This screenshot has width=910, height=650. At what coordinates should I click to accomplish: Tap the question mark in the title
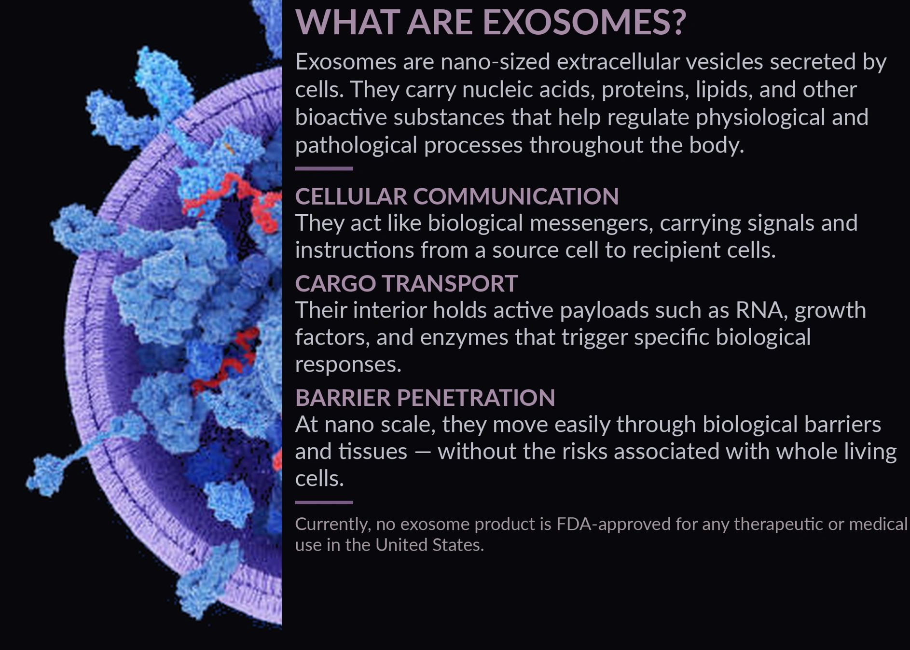677,22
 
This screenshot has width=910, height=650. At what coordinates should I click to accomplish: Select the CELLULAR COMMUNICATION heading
456,196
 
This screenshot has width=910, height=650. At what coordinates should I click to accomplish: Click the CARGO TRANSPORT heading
406,283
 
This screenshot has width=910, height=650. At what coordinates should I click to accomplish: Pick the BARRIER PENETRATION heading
425,398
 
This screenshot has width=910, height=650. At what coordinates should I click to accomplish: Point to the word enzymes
464,338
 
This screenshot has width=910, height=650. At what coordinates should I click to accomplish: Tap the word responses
348,365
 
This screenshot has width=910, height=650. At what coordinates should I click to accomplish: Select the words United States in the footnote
429,545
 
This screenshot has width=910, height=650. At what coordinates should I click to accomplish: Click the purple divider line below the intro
324,168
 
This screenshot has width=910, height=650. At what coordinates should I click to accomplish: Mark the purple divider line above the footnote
324,502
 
